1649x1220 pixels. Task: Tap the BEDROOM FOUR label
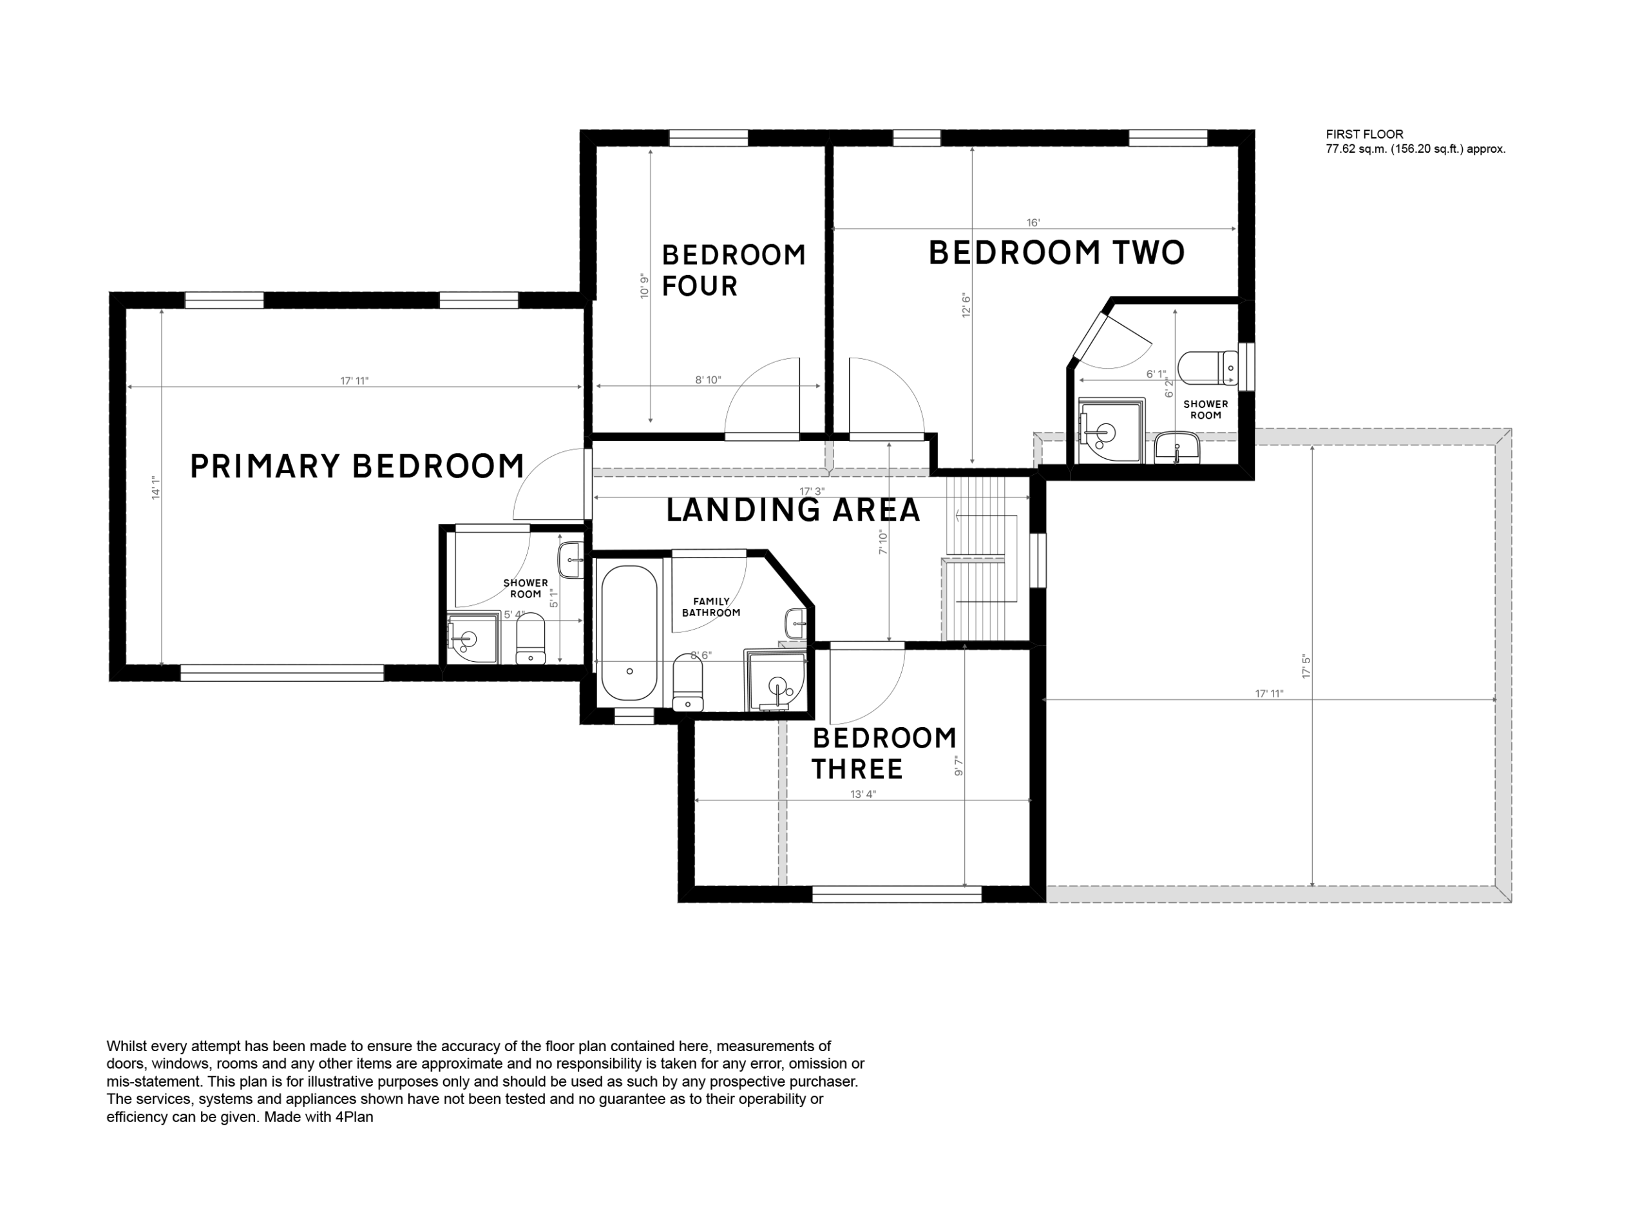click(733, 270)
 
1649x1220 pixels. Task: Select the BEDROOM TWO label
click(1056, 253)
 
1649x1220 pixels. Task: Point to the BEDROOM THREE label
click(884, 753)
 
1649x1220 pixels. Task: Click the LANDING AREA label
click(794, 510)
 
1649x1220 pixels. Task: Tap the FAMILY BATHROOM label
click(711, 607)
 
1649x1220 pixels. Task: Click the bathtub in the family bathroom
click(629, 633)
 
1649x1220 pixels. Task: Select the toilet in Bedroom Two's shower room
click(1208, 368)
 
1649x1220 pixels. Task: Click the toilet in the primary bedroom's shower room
click(530, 639)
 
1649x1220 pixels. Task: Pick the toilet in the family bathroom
click(688, 683)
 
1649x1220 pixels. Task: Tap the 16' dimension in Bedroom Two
click(1033, 222)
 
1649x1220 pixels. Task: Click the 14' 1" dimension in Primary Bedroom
click(156, 488)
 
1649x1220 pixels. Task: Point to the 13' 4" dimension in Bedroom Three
click(863, 794)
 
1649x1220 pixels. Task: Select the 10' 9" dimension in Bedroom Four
click(644, 285)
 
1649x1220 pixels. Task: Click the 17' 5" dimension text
click(1306, 666)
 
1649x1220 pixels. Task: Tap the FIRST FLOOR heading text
click(1365, 135)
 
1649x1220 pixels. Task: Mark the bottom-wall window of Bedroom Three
click(897, 895)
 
